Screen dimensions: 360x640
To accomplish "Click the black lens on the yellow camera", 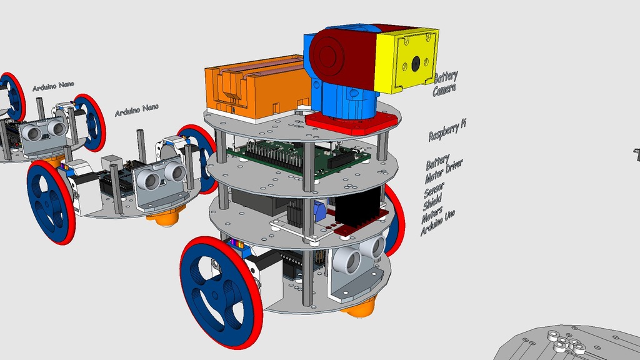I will (x=415, y=64).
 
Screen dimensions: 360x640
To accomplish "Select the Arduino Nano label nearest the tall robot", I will (x=136, y=111).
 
